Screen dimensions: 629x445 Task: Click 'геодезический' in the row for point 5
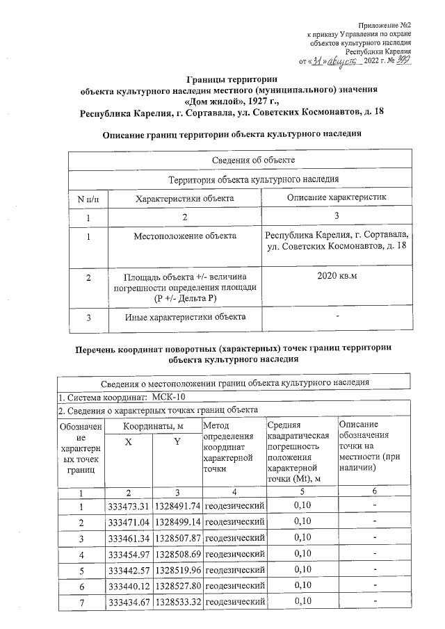(x=236, y=570)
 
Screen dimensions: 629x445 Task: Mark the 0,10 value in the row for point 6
(x=302, y=585)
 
